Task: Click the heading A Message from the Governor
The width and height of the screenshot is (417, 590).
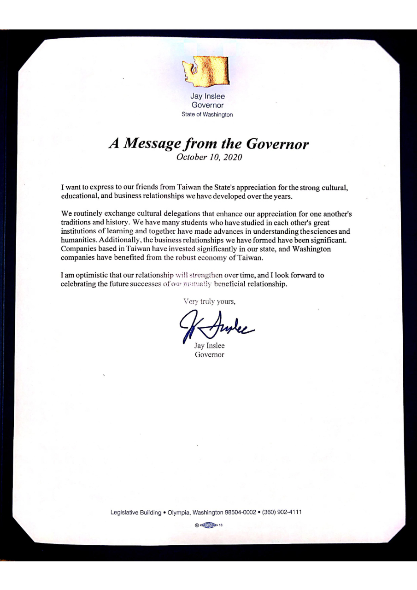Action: point(208,144)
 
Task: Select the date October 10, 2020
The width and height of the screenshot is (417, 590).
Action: point(208,157)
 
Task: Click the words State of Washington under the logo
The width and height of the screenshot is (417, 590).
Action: point(207,114)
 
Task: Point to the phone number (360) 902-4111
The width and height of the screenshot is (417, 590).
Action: point(282,512)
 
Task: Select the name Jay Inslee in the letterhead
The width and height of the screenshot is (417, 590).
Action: point(207,97)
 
